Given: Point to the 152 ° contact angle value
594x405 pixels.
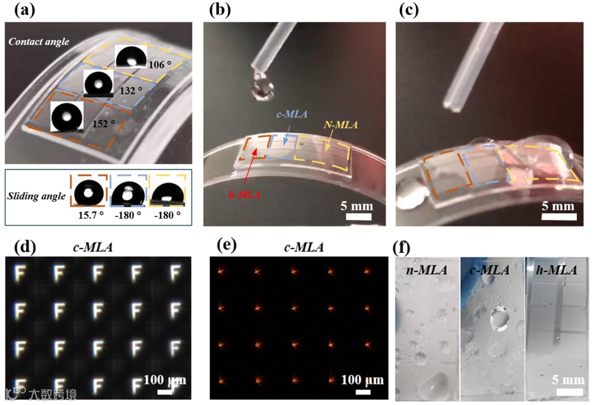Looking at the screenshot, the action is coord(99,125).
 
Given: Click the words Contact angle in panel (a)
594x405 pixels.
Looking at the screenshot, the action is coord(39,41).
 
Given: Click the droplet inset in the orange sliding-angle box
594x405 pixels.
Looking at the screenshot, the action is coord(87,191).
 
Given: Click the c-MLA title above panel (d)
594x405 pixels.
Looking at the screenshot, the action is coord(93,247).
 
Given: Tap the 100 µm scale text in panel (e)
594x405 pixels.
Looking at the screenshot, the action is coord(362,380).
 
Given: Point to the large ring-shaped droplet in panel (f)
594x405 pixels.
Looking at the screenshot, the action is coord(499,318).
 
